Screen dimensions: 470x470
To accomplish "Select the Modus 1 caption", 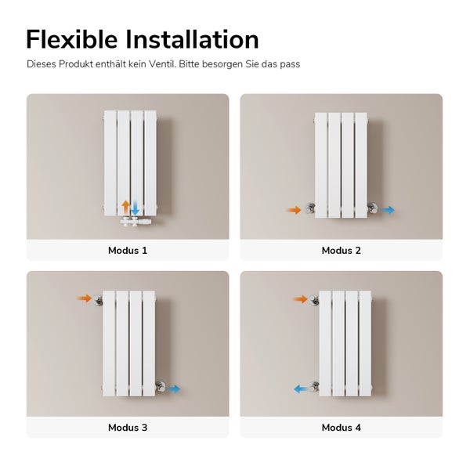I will pos(128,251).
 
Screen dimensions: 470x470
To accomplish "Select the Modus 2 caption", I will pos(341,251).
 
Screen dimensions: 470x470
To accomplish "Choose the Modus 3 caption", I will pos(128,428).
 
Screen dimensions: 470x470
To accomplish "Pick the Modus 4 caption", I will pos(341,428).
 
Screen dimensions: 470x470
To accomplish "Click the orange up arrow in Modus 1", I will pos(125,208).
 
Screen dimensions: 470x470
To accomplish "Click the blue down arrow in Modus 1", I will pos(135,208).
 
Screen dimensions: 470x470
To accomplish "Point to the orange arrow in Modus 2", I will pos(294,210).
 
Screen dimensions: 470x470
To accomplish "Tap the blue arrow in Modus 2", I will pos(388,210).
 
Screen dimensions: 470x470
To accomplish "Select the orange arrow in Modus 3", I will pos(85,298).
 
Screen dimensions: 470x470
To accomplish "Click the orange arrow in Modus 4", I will pos(300,298).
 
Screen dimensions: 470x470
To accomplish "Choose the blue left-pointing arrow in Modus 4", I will pos(300,388).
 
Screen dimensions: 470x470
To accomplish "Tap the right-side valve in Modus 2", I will pos(372,209).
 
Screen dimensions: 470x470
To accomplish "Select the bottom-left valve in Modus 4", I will pos(315,386).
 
